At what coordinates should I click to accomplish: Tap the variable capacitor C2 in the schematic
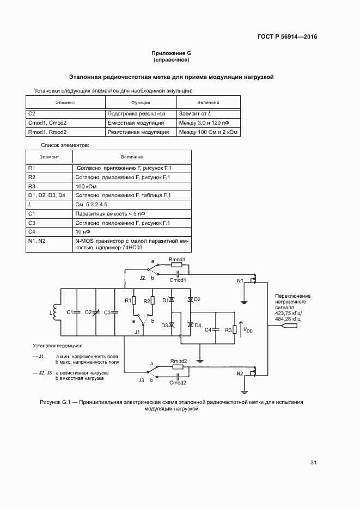point(96,312)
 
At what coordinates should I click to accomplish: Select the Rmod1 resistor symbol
point(178,265)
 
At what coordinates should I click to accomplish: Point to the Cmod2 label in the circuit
point(178,383)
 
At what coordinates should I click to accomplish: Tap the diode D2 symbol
point(190,300)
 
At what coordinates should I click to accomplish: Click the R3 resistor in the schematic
point(235,329)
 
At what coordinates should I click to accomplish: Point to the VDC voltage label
point(248,329)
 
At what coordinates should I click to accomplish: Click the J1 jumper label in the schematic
point(138,332)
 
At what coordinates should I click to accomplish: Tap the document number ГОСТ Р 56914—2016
point(287,37)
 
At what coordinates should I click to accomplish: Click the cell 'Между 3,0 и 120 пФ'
point(204,123)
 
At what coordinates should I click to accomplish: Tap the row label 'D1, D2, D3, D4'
point(46,195)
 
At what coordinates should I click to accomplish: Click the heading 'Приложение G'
point(172,53)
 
